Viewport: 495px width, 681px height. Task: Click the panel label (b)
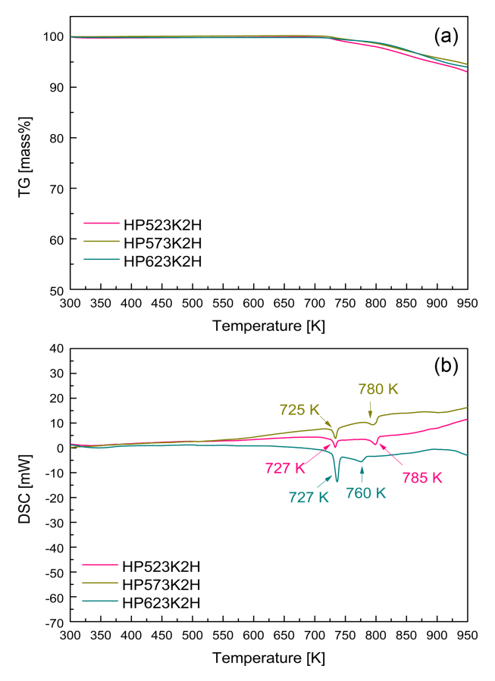click(447, 367)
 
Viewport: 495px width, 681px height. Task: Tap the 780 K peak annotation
click(378, 389)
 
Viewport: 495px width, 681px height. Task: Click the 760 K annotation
click(366, 493)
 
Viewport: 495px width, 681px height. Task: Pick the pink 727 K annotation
click(286, 468)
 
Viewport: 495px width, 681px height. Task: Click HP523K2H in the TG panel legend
click(160, 224)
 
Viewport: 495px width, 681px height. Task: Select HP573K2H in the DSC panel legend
click(160, 584)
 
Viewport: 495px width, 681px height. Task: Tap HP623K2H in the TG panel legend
click(160, 261)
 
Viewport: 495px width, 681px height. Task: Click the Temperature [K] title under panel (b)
click(268, 658)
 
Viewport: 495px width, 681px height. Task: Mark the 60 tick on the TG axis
click(55, 239)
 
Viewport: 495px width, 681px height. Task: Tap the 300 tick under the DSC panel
click(70, 636)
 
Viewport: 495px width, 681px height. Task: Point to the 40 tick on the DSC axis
click(55, 348)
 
